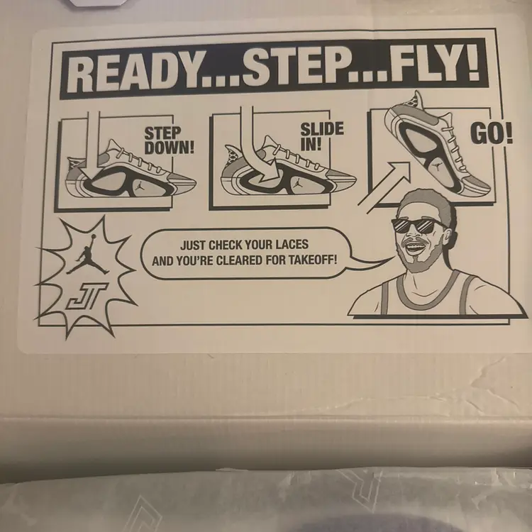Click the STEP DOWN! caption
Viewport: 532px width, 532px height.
[170, 141]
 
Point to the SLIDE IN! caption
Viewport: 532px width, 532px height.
[321, 136]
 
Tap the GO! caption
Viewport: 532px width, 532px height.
[492, 133]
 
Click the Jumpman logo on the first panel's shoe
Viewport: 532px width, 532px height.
[140, 186]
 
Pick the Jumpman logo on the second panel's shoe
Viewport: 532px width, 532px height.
[297, 184]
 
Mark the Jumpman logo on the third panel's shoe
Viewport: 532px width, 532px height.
[438, 165]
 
